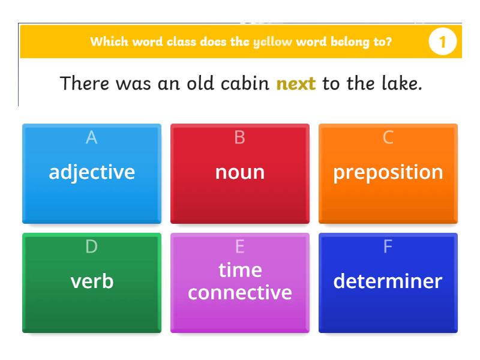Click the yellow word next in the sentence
296,83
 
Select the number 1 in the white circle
443,42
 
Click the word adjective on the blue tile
92,172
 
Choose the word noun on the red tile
240,172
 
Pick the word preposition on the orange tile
388,172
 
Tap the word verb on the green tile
92,281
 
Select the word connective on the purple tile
240,292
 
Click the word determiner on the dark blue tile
388,281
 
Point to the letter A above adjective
91,137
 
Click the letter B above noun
239,137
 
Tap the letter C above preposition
388,137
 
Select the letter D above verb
91,247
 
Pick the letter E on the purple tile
239,247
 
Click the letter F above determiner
388,247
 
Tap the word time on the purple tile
240,270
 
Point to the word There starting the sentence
85,83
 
